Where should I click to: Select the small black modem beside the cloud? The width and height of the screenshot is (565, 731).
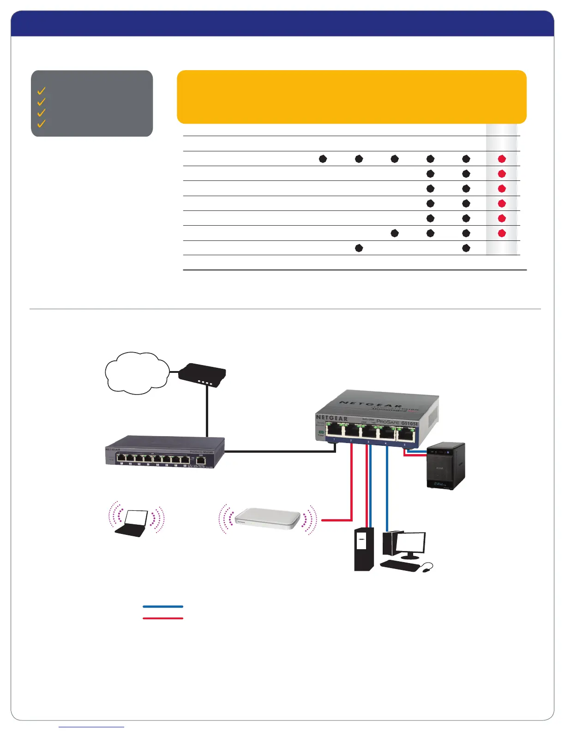point(202,376)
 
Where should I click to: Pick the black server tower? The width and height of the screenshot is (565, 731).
point(364,549)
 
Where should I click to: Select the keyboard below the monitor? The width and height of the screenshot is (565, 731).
point(400,566)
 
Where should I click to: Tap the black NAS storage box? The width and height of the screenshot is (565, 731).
point(445,466)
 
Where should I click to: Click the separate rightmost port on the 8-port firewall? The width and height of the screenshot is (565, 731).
point(201,459)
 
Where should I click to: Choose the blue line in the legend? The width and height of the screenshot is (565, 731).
point(163,606)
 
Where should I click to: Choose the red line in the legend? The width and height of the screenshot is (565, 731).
point(163,618)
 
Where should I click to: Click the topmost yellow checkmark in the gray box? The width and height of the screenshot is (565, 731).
point(42,90)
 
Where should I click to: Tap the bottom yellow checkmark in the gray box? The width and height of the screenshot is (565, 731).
point(42,123)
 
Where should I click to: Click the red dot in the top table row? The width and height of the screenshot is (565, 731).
point(502,159)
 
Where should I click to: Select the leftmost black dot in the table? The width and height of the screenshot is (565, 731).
point(323,159)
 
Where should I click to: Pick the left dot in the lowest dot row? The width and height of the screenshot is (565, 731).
point(359,248)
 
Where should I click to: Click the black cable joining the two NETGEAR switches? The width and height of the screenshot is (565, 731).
point(277,451)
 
